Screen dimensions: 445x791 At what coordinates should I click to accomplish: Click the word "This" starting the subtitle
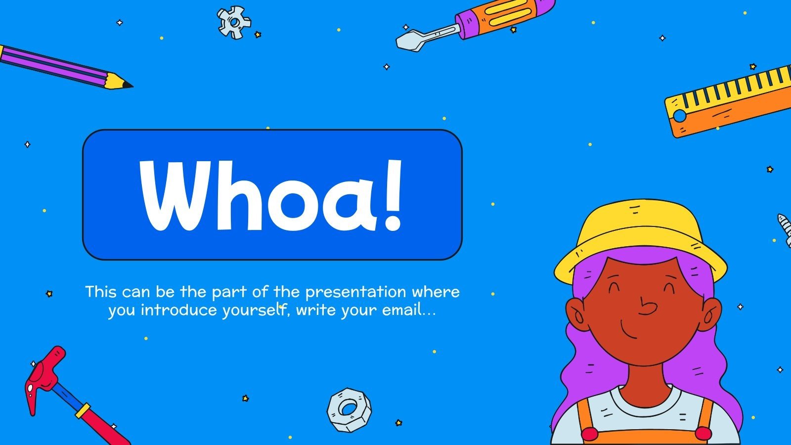[101, 292]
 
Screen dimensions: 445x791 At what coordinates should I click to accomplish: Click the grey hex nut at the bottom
[349, 409]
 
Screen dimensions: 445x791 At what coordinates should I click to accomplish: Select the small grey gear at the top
[234, 22]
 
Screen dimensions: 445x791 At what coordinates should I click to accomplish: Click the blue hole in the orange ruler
[680, 116]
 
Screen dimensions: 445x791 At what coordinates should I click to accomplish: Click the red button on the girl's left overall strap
[589, 435]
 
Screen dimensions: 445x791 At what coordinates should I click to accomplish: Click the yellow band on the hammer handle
[83, 410]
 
